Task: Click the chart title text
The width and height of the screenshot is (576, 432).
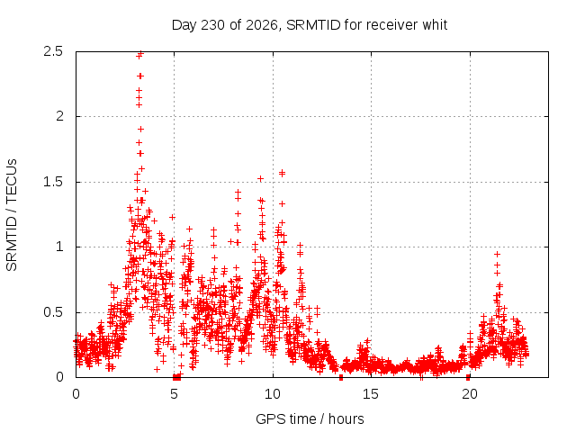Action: click(310, 25)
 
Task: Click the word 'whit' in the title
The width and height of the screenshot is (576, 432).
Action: click(435, 25)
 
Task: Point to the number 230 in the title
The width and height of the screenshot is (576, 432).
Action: click(213, 25)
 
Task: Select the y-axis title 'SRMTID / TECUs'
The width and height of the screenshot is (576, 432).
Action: click(12, 215)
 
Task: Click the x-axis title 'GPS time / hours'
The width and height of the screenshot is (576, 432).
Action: click(310, 418)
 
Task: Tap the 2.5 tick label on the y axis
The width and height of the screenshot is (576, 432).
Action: click(53, 51)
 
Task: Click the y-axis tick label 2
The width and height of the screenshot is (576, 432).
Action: click(59, 116)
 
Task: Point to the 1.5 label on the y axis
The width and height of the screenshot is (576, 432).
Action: click(53, 182)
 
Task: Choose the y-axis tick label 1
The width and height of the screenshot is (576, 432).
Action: click(59, 247)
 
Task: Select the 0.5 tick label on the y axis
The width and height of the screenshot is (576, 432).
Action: click(53, 312)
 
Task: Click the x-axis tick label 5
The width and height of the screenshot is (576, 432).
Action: click(174, 394)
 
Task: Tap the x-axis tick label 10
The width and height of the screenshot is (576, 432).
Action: click(273, 394)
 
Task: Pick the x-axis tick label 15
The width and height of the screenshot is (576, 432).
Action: click(371, 394)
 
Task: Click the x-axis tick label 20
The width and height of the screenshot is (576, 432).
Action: click(469, 394)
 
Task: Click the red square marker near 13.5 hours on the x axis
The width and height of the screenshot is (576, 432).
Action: click(341, 377)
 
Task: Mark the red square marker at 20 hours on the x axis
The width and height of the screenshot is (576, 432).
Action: click(468, 377)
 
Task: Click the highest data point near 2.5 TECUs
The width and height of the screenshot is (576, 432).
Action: click(140, 54)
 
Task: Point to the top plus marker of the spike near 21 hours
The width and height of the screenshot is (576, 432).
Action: click(497, 254)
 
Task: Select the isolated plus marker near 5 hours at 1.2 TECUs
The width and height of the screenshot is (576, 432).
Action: click(172, 217)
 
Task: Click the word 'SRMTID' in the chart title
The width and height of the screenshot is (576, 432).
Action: click(313, 25)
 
